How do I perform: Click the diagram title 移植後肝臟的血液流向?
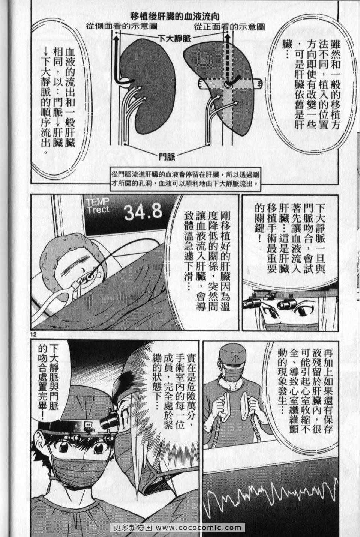coord(175,17)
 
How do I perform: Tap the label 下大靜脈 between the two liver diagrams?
coord(174,39)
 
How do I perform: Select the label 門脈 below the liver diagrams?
coord(167,157)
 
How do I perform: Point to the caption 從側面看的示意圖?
coord(121,26)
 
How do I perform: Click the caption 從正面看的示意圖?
coord(229,27)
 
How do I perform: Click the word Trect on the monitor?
coord(98,210)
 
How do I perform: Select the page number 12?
coord(33,334)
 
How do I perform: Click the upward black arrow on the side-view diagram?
coord(116,60)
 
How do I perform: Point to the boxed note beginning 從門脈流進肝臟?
coord(185,179)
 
